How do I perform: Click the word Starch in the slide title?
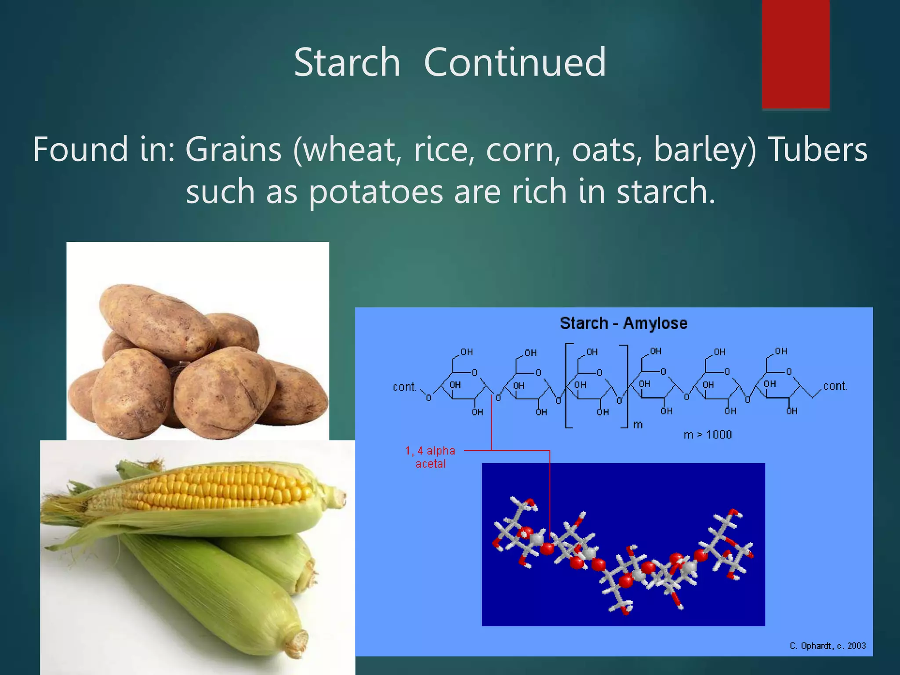point(347,62)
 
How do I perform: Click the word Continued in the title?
point(515,62)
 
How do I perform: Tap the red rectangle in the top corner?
point(795,54)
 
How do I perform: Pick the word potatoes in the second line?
point(376,192)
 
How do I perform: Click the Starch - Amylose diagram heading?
point(623,323)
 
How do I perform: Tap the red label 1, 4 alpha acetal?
point(430,457)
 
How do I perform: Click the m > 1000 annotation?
point(708,435)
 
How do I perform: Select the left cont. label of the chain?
point(404,387)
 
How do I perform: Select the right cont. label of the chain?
point(835,386)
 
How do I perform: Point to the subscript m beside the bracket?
point(638,425)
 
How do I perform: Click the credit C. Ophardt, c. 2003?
point(827,646)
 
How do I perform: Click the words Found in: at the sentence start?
point(104,149)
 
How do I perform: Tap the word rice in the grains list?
point(443,149)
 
